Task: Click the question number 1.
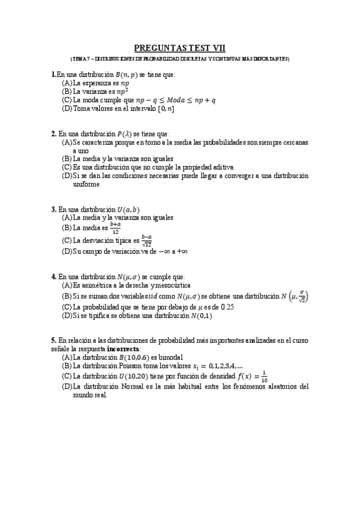click(x=53, y=75)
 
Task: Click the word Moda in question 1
click(x=175, y=100)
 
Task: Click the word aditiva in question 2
click(x=220, y=167)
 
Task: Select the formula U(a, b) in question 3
click(x=128, y=209)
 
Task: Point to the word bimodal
click(x=161, y=357)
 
